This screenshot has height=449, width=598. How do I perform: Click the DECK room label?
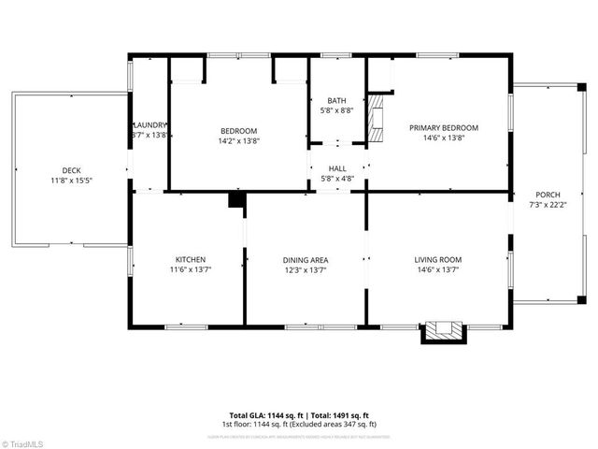pyautogui.click(x=71, y=170)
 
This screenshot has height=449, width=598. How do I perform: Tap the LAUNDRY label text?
pyautogui.click(x=150, y=125)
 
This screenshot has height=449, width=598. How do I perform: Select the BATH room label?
pyautogui.click(x=336, y=101)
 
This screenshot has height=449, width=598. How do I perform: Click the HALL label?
pyautogui.click(x=336, y=168)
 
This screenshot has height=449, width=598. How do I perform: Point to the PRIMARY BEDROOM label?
pyautogui.click(x=444, y=128)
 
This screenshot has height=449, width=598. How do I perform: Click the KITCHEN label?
pyautogui.click(x=191, y=260)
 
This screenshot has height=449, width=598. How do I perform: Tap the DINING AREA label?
pyautogui.click(x=306, y=260)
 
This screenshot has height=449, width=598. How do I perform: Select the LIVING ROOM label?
pyautogui.click(x=438, y=260)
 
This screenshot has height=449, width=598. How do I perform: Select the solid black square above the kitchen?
pyautogui.click(x=236, y=199)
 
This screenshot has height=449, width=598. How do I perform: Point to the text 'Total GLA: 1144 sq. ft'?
pyautogui.click(x=264, y=415)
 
